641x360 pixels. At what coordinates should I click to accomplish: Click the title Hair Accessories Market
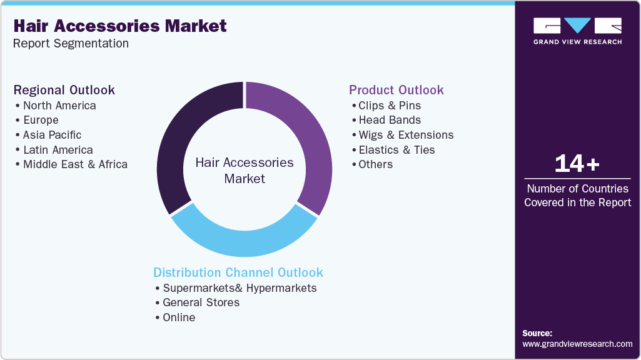[x=120, y=26]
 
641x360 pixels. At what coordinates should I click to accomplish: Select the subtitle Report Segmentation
[x=71, y=43]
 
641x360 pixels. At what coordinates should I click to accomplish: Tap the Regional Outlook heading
[x=64, y=90]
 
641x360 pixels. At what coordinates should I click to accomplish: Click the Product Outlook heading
[x=396, y=90]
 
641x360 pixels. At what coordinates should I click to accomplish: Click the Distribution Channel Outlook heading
[x=238, y=272]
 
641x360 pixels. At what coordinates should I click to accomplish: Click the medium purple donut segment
[x=313, y=135]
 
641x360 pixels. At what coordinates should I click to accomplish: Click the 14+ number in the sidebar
[x=577, y=164]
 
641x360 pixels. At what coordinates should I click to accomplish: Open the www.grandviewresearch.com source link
[x=577, y=344]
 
